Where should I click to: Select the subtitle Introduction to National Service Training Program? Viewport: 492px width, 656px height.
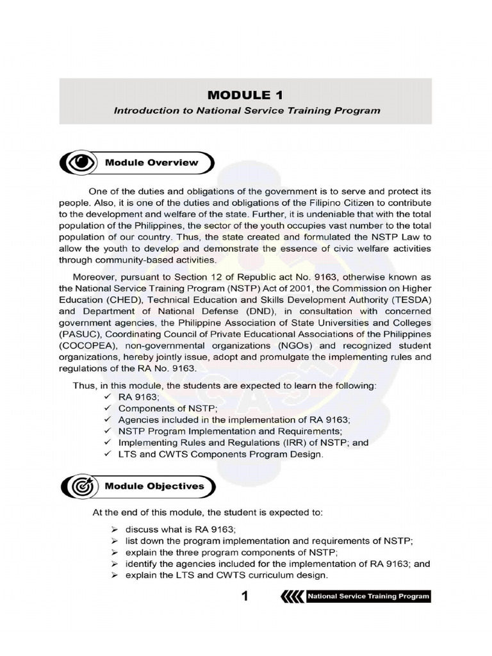point(247,110)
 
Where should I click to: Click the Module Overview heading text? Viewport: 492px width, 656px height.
point(152,163)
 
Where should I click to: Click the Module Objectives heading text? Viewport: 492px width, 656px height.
point(154,486)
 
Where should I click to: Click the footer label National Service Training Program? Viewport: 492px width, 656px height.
point(368,597)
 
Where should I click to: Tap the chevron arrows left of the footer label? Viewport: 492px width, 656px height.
point(291,597)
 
